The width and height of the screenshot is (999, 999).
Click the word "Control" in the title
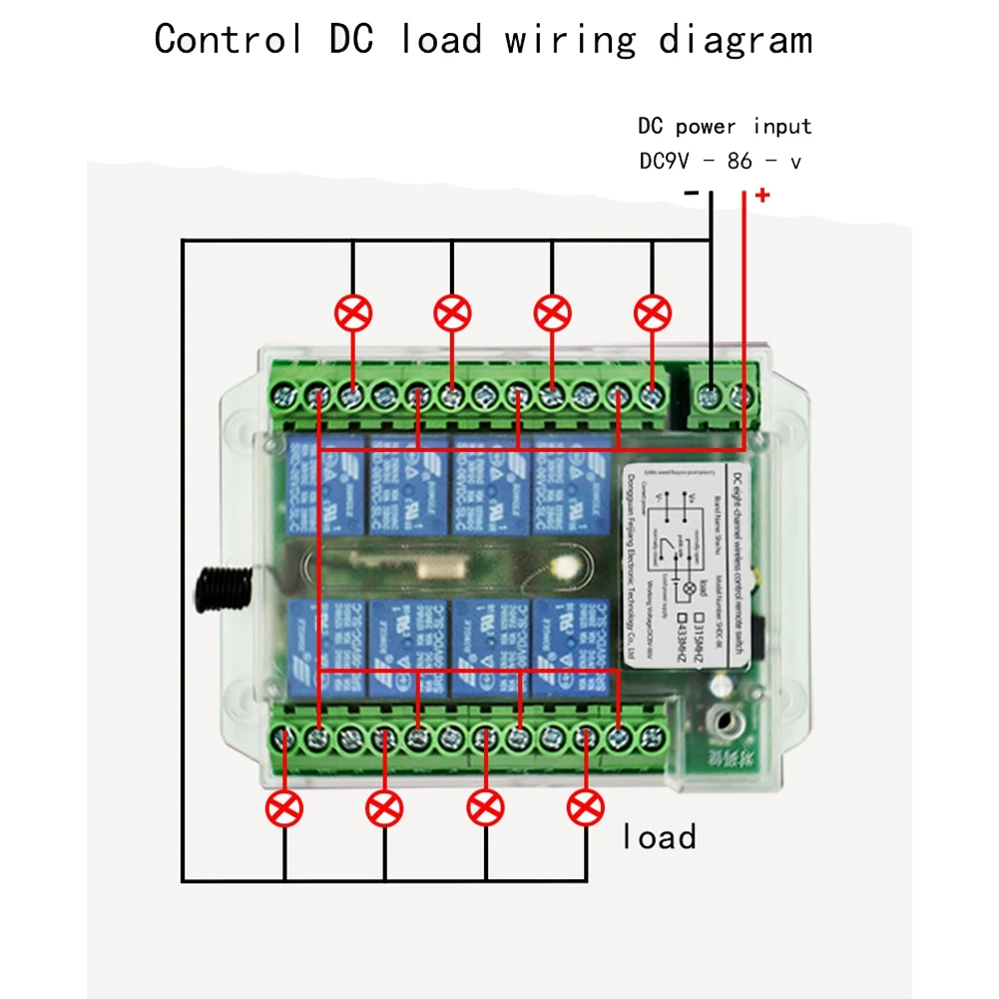coord(229,40)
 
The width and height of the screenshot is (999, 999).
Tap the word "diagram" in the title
coord(736,40)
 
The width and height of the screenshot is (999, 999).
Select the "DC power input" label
coord(725,127)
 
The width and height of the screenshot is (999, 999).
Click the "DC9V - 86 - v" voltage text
coord(720,162)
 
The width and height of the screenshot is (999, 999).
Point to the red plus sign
coord(762,195)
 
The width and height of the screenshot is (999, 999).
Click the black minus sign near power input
coord(692,194)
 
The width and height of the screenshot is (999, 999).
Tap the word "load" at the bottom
coord(659,836)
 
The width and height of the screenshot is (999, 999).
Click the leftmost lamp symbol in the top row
coord(352,314)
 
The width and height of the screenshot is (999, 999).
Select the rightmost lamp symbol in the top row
coord(653,314)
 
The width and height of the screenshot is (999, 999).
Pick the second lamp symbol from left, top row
coord(452,314)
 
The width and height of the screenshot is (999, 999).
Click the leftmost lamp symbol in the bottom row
coord(284,807)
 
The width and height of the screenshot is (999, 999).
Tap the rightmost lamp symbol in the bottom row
coord(586,807)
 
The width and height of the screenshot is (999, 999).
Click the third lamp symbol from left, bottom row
coord(486,807)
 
